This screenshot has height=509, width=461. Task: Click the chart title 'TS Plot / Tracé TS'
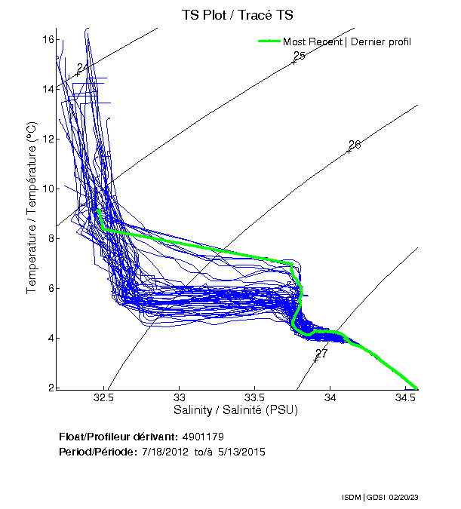pos(238,14)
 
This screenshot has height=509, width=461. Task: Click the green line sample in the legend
pos(269,41)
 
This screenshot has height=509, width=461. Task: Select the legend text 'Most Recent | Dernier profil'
pos(347,41)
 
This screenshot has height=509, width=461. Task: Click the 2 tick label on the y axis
pos(51,388)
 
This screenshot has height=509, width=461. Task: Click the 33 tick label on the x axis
pos(180,398)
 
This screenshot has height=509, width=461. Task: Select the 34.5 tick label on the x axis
pos(405,398)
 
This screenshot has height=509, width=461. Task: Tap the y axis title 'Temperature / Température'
pos(32,208)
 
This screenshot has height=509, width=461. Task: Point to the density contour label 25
pos(299,56)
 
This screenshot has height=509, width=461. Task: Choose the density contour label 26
pos(355,144)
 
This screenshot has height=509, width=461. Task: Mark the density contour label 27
pos(321,353)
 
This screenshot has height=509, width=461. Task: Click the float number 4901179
pos(203,437)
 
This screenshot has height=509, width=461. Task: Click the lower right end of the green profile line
pos(416,388)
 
